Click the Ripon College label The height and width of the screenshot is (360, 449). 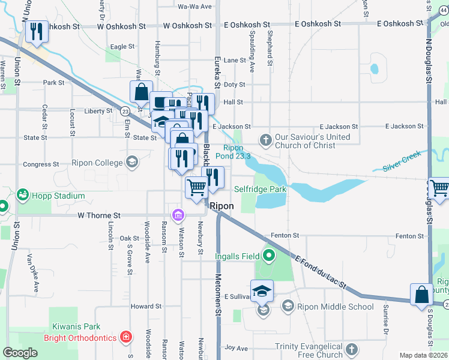click(x=97, y=162)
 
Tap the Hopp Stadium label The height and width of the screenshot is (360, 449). click(x=59, y=196)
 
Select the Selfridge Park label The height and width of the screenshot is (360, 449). click(x=259, y=189)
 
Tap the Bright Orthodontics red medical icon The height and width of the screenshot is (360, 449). click(x=125, y=337)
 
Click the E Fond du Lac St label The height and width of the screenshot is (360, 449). click(x=321, y=270)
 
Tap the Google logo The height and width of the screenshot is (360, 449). click(x=20, y=353)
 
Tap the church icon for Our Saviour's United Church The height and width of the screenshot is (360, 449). click(x=266, y=141)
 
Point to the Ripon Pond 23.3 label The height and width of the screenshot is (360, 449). click(x=237, y=152)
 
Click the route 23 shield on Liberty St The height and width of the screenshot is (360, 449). click(x=125, y=111)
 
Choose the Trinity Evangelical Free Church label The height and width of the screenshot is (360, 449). click(x=309, y=351)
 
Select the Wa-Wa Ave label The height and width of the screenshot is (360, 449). click(x=195, y=7)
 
